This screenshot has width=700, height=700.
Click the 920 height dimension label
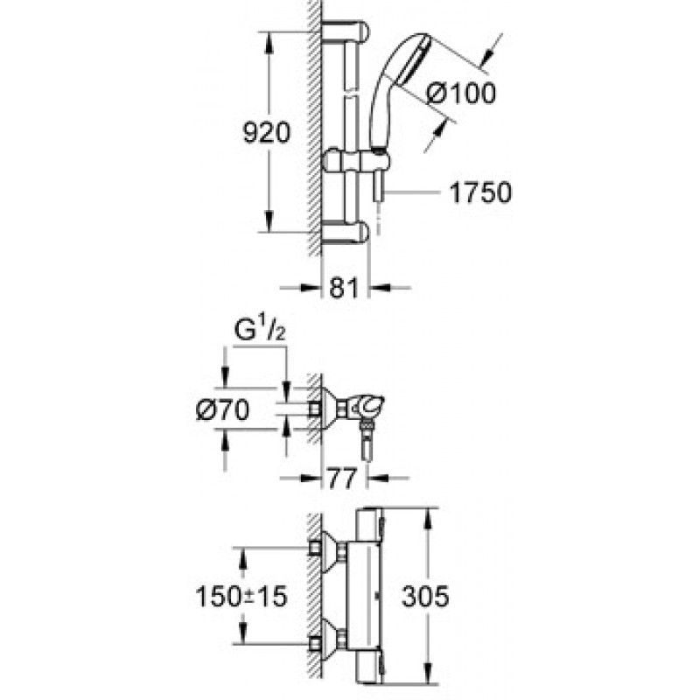point(267,133)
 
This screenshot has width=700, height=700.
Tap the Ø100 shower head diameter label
point(461,94)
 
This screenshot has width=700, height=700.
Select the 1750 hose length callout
point(480,192)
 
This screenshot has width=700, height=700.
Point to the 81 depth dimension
point(344,288)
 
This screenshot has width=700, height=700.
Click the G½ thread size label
point(260,331)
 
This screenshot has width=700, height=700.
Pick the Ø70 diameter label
point(223,409)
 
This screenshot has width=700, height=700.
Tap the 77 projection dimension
point(343,478)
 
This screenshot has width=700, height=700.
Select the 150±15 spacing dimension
point(241,596)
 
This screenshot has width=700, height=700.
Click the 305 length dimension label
point(425,596)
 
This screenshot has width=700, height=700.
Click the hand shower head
point(401,89)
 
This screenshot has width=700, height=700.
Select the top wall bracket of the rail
point(346,31)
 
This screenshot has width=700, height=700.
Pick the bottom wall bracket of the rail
point(346,232)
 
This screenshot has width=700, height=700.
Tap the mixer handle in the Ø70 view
point(369,405)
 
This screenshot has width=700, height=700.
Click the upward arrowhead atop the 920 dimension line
point(268,43)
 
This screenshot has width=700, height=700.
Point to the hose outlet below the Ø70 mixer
point(367,443)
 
